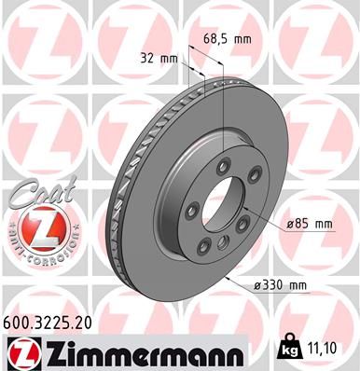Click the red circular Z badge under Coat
click(x=35, y=226)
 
